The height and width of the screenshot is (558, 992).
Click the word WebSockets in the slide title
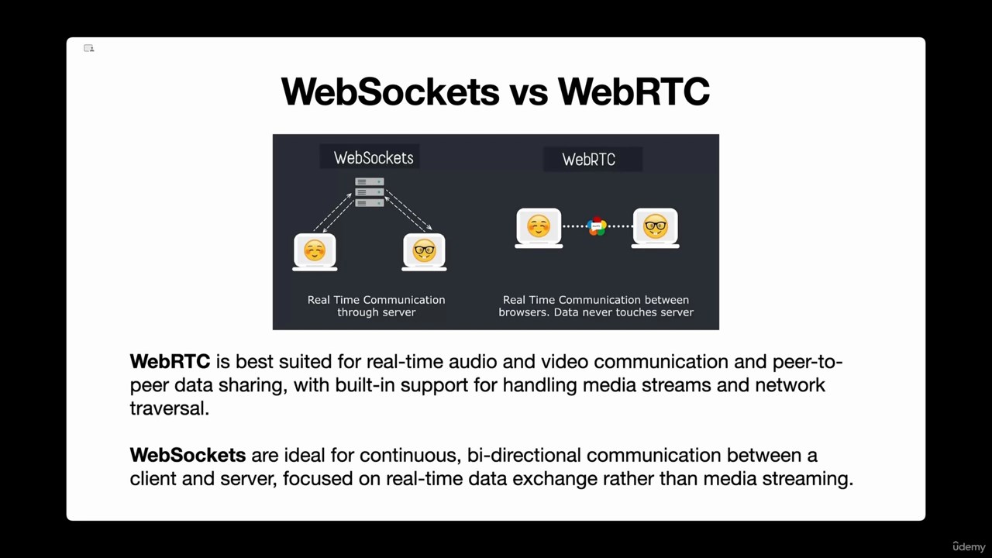tap(390, 91)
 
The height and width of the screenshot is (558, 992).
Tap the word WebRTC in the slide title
tap(634, 91)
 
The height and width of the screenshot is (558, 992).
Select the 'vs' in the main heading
tap(529, 95)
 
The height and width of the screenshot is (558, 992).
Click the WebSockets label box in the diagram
tap(370, 157)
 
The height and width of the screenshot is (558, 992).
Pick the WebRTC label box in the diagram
tap(593, 159)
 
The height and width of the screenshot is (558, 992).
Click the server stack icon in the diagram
tap(370, 192)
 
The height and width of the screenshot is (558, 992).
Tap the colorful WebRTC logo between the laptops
tap(597, 226)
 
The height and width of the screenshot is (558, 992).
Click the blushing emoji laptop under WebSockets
tap(315, 252)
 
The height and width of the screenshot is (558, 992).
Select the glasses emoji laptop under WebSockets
tap(424, 252)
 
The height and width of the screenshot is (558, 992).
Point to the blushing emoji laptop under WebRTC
tap(539, 228)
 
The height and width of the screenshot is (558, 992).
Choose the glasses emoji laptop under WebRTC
tap(655, 228)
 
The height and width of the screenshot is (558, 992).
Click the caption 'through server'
tap(377, 312)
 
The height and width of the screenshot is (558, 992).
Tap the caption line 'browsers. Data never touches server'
tap(596, 312)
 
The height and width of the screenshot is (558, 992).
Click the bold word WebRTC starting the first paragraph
tap(170, 361)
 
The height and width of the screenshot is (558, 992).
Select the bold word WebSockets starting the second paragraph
tap(188, 455)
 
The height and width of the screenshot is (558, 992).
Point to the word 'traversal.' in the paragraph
tap(169, 408)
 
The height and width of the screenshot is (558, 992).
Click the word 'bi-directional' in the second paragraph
tap(524, 455)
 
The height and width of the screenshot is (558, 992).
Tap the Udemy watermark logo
tap(969, 546)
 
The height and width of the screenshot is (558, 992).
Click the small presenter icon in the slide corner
tap(88, 48)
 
